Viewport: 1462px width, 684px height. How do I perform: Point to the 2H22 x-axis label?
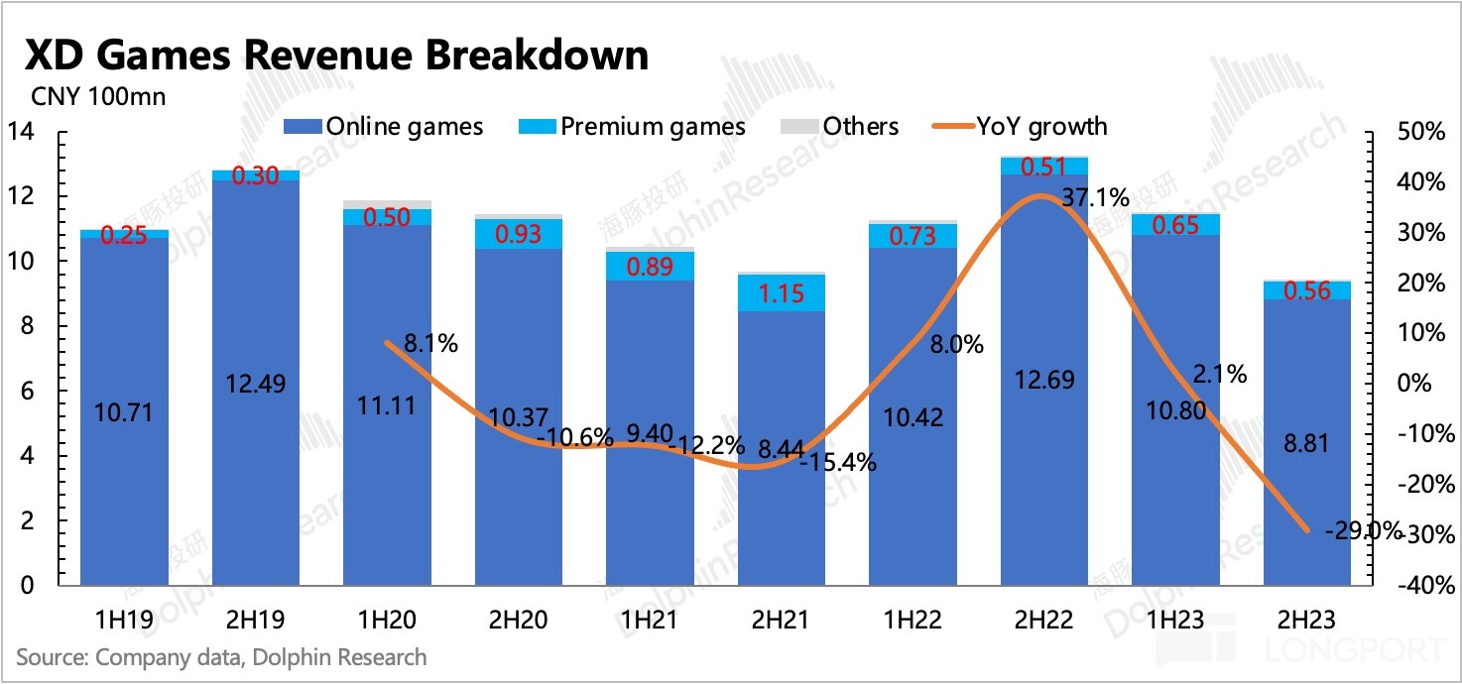coord(1043,620)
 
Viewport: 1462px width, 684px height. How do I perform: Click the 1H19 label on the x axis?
coord(124,620)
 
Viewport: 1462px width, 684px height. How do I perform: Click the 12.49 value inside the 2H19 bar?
coord(255,384)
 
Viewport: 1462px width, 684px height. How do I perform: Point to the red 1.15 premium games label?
coord(781,293)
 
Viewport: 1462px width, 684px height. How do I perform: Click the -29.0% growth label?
coord(1370,531)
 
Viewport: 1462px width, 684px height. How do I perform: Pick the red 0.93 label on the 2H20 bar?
coord(518,235)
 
